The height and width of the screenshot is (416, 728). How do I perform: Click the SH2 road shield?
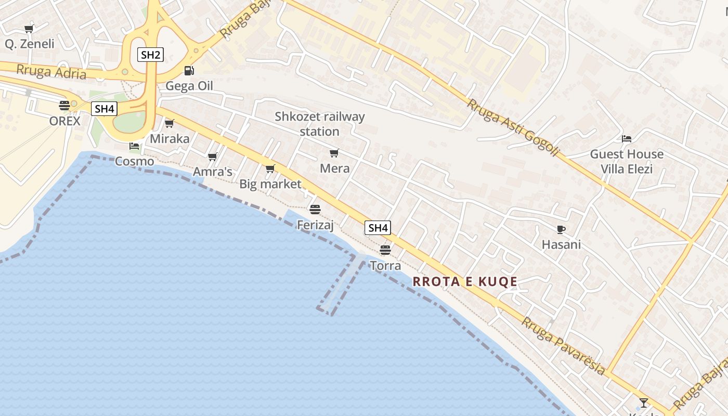tap(150, 54)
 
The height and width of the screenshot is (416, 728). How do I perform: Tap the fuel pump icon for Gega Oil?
tap(189, 70)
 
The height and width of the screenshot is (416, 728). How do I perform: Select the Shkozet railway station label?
tap(319, 124)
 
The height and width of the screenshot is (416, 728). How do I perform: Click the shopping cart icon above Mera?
tap(334, 153)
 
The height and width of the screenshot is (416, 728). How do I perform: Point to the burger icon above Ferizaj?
tap(315, 209)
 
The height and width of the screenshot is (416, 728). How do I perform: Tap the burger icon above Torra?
tap(385, 250)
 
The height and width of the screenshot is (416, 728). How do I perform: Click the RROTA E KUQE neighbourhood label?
tap(465, 282)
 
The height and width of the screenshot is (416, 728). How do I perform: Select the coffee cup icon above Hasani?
tap(561, 229)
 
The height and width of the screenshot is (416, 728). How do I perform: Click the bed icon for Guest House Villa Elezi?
tap(627, 139)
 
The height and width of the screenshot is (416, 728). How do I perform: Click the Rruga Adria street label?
tap(51, 72)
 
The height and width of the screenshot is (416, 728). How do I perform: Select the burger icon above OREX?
tap(64, 106)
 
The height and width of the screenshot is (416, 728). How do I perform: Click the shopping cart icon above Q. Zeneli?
tap(29, 29)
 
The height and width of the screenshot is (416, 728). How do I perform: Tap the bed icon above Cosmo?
tap(134, 146)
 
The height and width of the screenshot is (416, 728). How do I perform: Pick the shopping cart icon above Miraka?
tap(169, 123)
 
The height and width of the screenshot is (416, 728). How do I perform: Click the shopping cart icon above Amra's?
tap(212, 157)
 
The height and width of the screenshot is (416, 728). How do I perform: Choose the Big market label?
tap(270, 184)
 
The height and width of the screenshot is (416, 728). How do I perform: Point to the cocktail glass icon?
tap(644, 402)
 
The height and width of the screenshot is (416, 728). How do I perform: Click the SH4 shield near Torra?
tap(378, 228)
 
